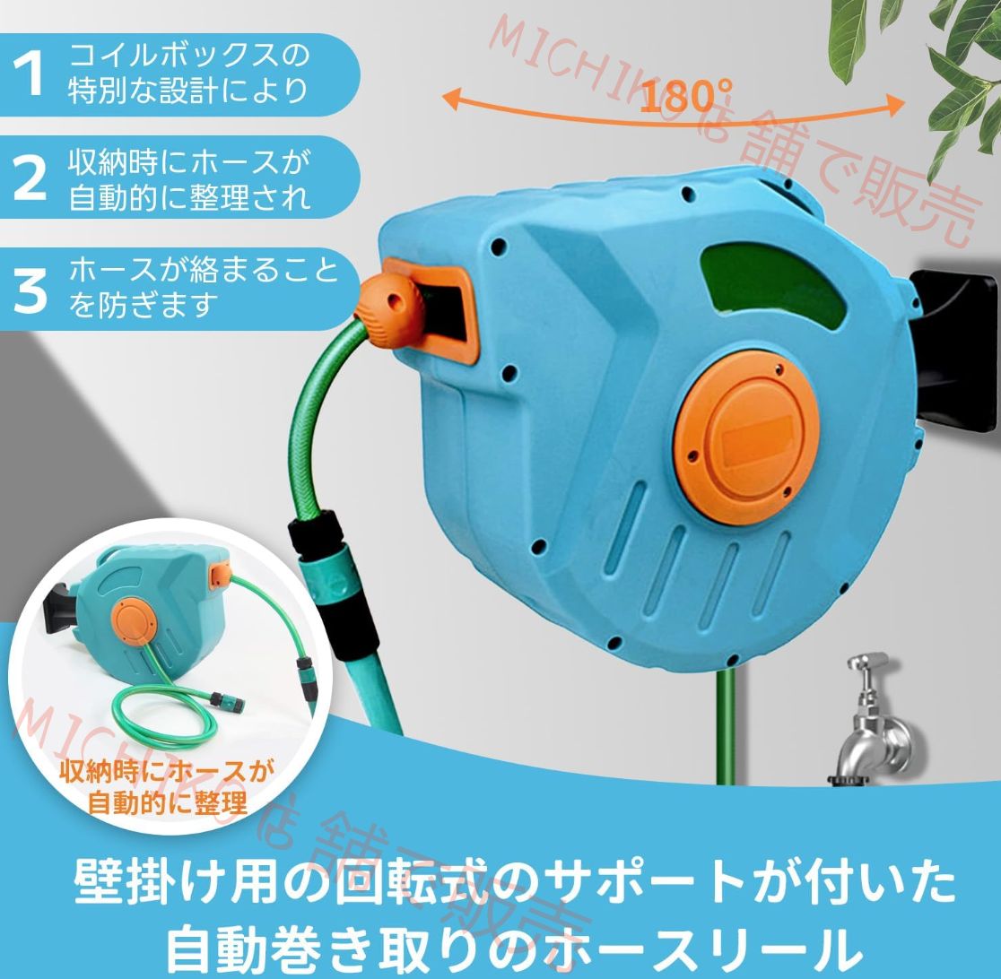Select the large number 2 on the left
point(30,178)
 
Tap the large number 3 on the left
point(30,289)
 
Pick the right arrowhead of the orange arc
point(897,106)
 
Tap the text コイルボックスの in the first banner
point(189,56)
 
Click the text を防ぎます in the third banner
point(144,306)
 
